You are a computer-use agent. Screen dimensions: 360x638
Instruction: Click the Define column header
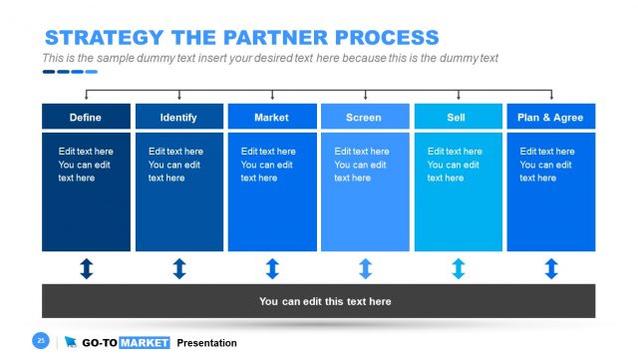coord(86,117)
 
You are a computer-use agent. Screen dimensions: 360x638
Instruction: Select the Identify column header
coord(178,117)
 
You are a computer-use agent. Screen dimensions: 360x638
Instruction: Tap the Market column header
coord(271,117)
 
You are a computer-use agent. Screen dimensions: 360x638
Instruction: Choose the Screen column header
coord(364,117)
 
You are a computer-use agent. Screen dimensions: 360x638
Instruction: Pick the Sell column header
coord(458,117)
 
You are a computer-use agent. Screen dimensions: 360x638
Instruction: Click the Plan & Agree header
coord(550,117)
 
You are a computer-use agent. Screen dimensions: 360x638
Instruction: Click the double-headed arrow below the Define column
coord(86,268)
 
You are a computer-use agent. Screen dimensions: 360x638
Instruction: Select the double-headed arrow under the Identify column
coord(179,268)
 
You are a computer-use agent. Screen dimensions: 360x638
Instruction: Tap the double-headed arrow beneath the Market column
coord(272,268)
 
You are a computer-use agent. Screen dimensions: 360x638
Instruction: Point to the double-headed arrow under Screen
coord(365,268)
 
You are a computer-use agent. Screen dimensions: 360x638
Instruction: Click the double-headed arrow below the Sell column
coord(458,268)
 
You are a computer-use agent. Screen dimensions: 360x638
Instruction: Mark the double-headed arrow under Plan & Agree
coord(551,268)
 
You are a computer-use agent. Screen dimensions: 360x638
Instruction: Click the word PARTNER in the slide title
coord(265,38)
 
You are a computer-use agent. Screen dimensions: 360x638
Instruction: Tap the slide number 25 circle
coord(42,341)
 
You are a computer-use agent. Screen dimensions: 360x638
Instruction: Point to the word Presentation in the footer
coord(206,343)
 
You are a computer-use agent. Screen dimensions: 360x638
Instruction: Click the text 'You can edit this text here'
coord(325,301)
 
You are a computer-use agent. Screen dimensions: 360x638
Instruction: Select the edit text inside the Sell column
coord(455,165)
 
